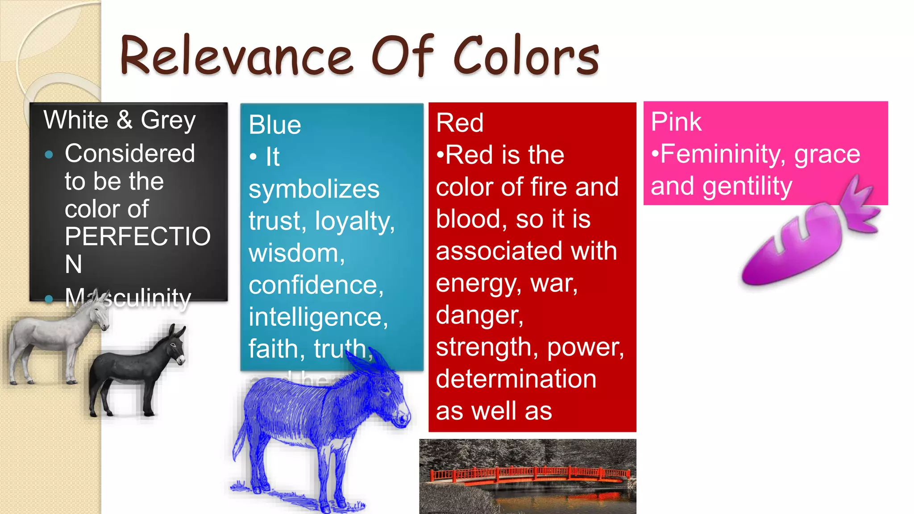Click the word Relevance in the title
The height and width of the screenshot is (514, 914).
(237, 56)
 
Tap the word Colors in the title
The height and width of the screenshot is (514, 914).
(527, 56)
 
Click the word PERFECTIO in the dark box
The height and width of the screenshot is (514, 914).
(137, 236)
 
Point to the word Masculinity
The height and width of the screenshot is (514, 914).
(128, 298)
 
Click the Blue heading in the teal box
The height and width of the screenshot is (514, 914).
(275, 124)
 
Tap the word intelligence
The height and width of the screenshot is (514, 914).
(318, 317)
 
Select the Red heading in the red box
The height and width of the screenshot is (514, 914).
(460, 123)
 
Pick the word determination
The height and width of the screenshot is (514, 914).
(516, 379)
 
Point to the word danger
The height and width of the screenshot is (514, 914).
(479, 315)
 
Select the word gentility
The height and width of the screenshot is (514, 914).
(747, 186)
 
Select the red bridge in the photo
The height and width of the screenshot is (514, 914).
(529, 475)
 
